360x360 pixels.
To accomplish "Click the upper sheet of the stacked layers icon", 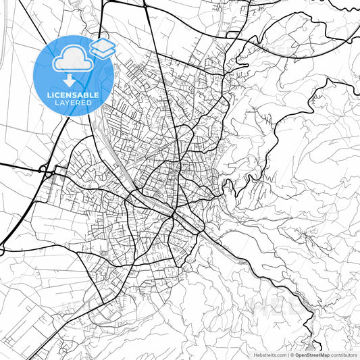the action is pos(102,45).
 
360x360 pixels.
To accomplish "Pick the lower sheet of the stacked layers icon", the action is pos(102,53).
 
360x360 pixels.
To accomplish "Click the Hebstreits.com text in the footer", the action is pos(270,355).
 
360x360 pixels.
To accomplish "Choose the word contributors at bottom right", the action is pos(344,355).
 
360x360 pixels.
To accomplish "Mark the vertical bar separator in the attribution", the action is pos(288,355).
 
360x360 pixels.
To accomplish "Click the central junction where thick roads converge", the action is pos(174,215).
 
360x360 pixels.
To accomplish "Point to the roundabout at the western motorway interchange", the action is pos(46,172).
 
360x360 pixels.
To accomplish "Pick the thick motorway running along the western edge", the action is pos(27,203).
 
